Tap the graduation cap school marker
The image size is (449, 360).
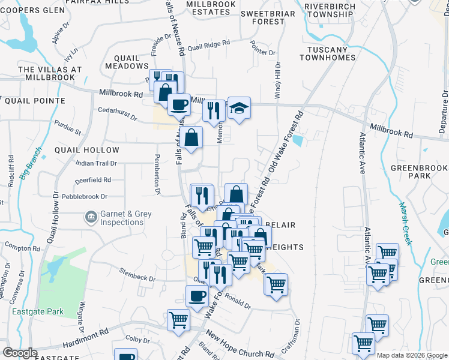point(238,109)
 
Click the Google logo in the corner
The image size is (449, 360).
point(20,353)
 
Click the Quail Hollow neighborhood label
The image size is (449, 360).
point(87,150)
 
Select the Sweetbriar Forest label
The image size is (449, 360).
point(261,17)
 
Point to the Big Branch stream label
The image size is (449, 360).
point(31,164)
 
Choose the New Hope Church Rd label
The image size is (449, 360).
point(240,344)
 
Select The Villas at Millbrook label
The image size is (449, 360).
point(50,74)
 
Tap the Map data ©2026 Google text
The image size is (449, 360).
point(411,355)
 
